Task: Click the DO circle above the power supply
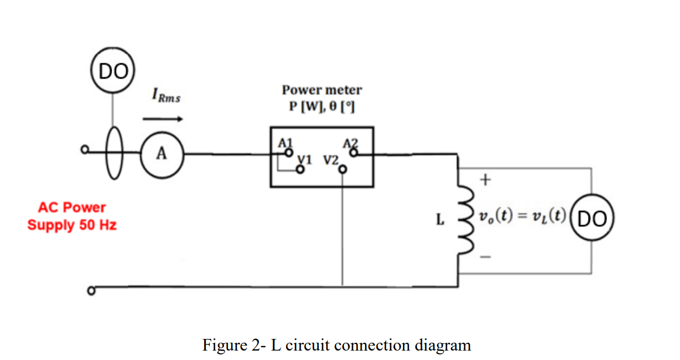pyautogui.click(x=112, y=71)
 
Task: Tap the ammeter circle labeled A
pyautogui.click(x=161, y=154)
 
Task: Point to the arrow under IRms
pyautogui.click(x=163, y=118)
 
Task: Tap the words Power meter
pyautogui.click(x=322, y=90)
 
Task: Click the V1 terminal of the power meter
pyautogui.click(x=301, y=170)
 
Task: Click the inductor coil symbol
pyautogui.click(x=464, y=220)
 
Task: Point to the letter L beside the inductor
pyautogui.click(x=440, y=220)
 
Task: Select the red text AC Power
pyautogui.click(x=72, y=207)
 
